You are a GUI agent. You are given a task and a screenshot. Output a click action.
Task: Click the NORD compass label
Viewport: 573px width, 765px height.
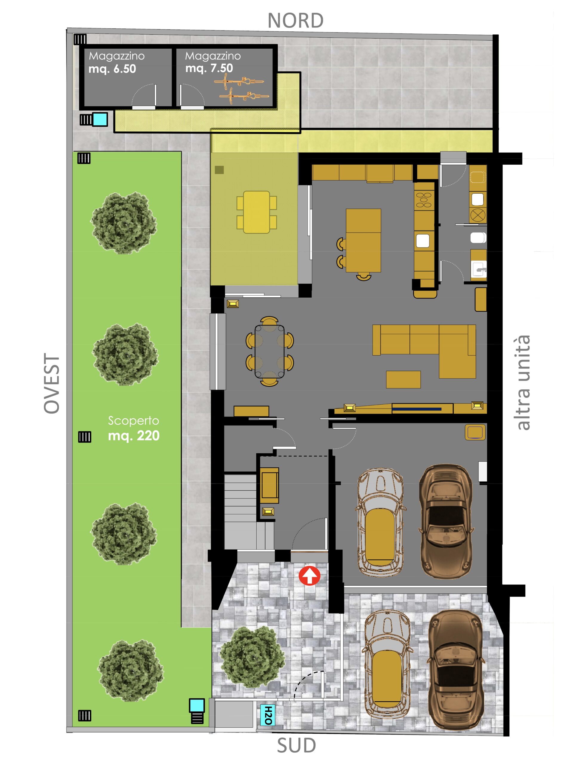tap(295, 21)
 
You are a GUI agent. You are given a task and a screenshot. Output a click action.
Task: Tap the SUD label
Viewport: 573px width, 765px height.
tap(296, 745)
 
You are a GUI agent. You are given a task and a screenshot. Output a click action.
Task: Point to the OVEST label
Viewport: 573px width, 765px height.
tap(52, 383)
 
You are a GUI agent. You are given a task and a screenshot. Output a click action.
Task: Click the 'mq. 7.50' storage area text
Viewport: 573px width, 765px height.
tap(209, 68)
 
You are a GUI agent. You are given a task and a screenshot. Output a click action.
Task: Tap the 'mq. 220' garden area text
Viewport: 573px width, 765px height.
tap(134, 436)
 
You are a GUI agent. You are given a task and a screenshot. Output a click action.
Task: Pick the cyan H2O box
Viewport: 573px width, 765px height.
tap(268, 715)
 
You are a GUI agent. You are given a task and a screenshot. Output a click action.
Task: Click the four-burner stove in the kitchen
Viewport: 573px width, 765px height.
tap(424, 200)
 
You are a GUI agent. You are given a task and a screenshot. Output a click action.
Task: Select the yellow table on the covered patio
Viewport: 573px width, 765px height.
tap(256, 212)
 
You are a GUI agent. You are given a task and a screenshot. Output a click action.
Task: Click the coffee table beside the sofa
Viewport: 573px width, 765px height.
tap(403, 380)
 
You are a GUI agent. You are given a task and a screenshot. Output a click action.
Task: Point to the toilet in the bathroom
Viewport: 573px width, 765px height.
tap(478, 238)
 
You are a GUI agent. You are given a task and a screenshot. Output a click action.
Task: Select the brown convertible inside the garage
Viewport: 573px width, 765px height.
tap(446, 521)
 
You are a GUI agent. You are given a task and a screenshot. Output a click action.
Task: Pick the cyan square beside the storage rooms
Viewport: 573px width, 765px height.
tap(100, 119)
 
